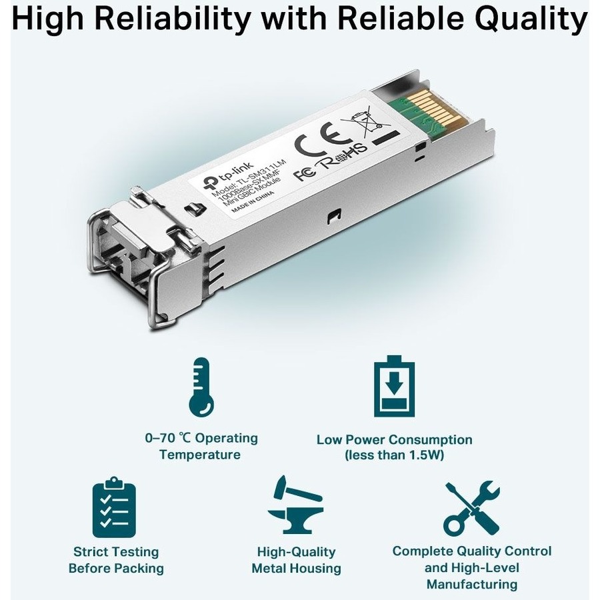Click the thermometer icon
(x=201, y=387)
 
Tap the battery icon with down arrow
(x=394, y=386)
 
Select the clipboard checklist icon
(x=114, y=507)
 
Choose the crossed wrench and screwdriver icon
(x=472, y=508)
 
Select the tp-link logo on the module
(x=227, y=175)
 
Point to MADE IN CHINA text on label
(x=253, y=200)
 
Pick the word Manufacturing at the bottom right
(x=472, y=584)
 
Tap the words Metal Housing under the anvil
(x=296, y=568)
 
